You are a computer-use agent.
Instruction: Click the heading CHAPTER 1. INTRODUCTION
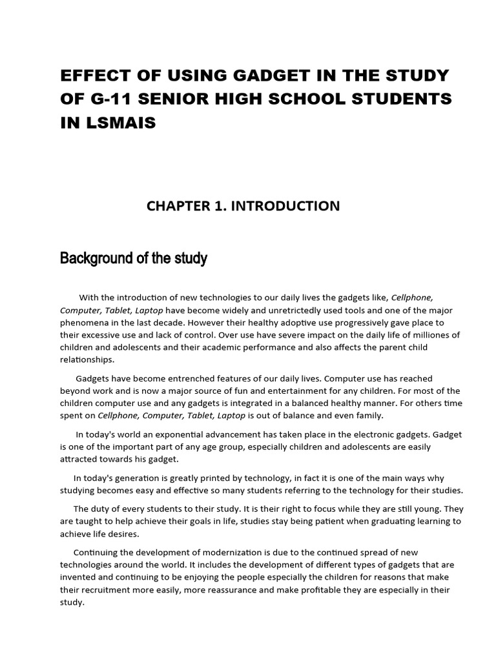point(243,206)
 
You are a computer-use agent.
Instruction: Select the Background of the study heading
point(134,259)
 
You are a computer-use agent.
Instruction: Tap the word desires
point(122,534)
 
